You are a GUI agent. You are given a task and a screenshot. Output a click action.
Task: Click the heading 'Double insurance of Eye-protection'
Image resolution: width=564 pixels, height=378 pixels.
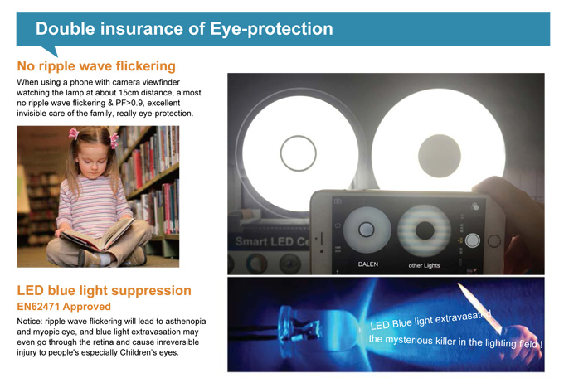184,29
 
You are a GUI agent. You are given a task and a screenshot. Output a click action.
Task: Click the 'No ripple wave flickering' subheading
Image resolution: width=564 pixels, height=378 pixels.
96,66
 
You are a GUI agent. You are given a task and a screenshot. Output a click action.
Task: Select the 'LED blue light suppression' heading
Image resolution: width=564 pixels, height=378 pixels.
104,290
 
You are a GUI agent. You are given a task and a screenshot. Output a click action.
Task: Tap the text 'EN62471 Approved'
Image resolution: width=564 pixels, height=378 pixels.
64,307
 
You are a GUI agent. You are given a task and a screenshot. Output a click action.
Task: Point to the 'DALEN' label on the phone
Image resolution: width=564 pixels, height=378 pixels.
368,264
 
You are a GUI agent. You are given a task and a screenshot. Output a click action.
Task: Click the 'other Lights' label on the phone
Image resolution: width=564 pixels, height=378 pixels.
424,265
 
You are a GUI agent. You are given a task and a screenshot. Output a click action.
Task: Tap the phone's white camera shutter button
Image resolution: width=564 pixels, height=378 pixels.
473,240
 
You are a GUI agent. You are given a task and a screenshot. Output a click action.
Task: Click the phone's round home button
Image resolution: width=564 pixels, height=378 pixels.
494,241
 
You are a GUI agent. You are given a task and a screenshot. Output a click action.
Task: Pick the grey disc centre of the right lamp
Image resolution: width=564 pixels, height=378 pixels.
440,156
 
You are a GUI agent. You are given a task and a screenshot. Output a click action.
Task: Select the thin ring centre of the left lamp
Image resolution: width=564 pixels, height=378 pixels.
299,136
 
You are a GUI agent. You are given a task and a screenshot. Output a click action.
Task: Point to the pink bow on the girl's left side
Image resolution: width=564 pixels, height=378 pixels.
114,140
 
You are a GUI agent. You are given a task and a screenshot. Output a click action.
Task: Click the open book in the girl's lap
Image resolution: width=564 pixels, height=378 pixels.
97,235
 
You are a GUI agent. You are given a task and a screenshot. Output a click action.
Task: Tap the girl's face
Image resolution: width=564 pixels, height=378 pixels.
93,160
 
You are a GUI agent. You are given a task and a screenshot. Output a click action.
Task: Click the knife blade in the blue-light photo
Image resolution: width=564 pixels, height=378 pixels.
480,308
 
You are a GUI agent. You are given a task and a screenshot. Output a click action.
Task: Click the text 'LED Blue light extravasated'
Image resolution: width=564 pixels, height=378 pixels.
430,320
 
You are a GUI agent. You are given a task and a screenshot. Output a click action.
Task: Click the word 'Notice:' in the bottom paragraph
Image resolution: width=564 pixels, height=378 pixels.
30,321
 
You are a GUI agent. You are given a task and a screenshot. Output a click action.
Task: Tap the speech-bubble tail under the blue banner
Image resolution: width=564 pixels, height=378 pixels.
52,51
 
